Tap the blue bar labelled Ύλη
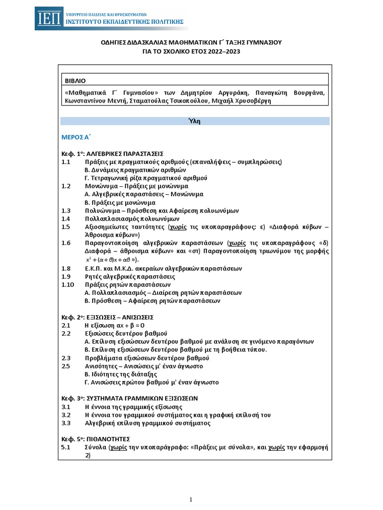click(195, 121)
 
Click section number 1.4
click(66, 219)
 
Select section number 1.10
click(68, 284)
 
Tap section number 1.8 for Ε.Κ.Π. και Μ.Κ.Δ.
click(66, 268)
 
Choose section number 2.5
click(66, 366)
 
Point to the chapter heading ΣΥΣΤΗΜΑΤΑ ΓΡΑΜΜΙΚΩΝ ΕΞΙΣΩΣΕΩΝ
click(142, 398)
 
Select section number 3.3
click(66, 423)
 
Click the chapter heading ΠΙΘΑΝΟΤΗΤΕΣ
click(108, 439)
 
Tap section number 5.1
click(66, 447)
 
